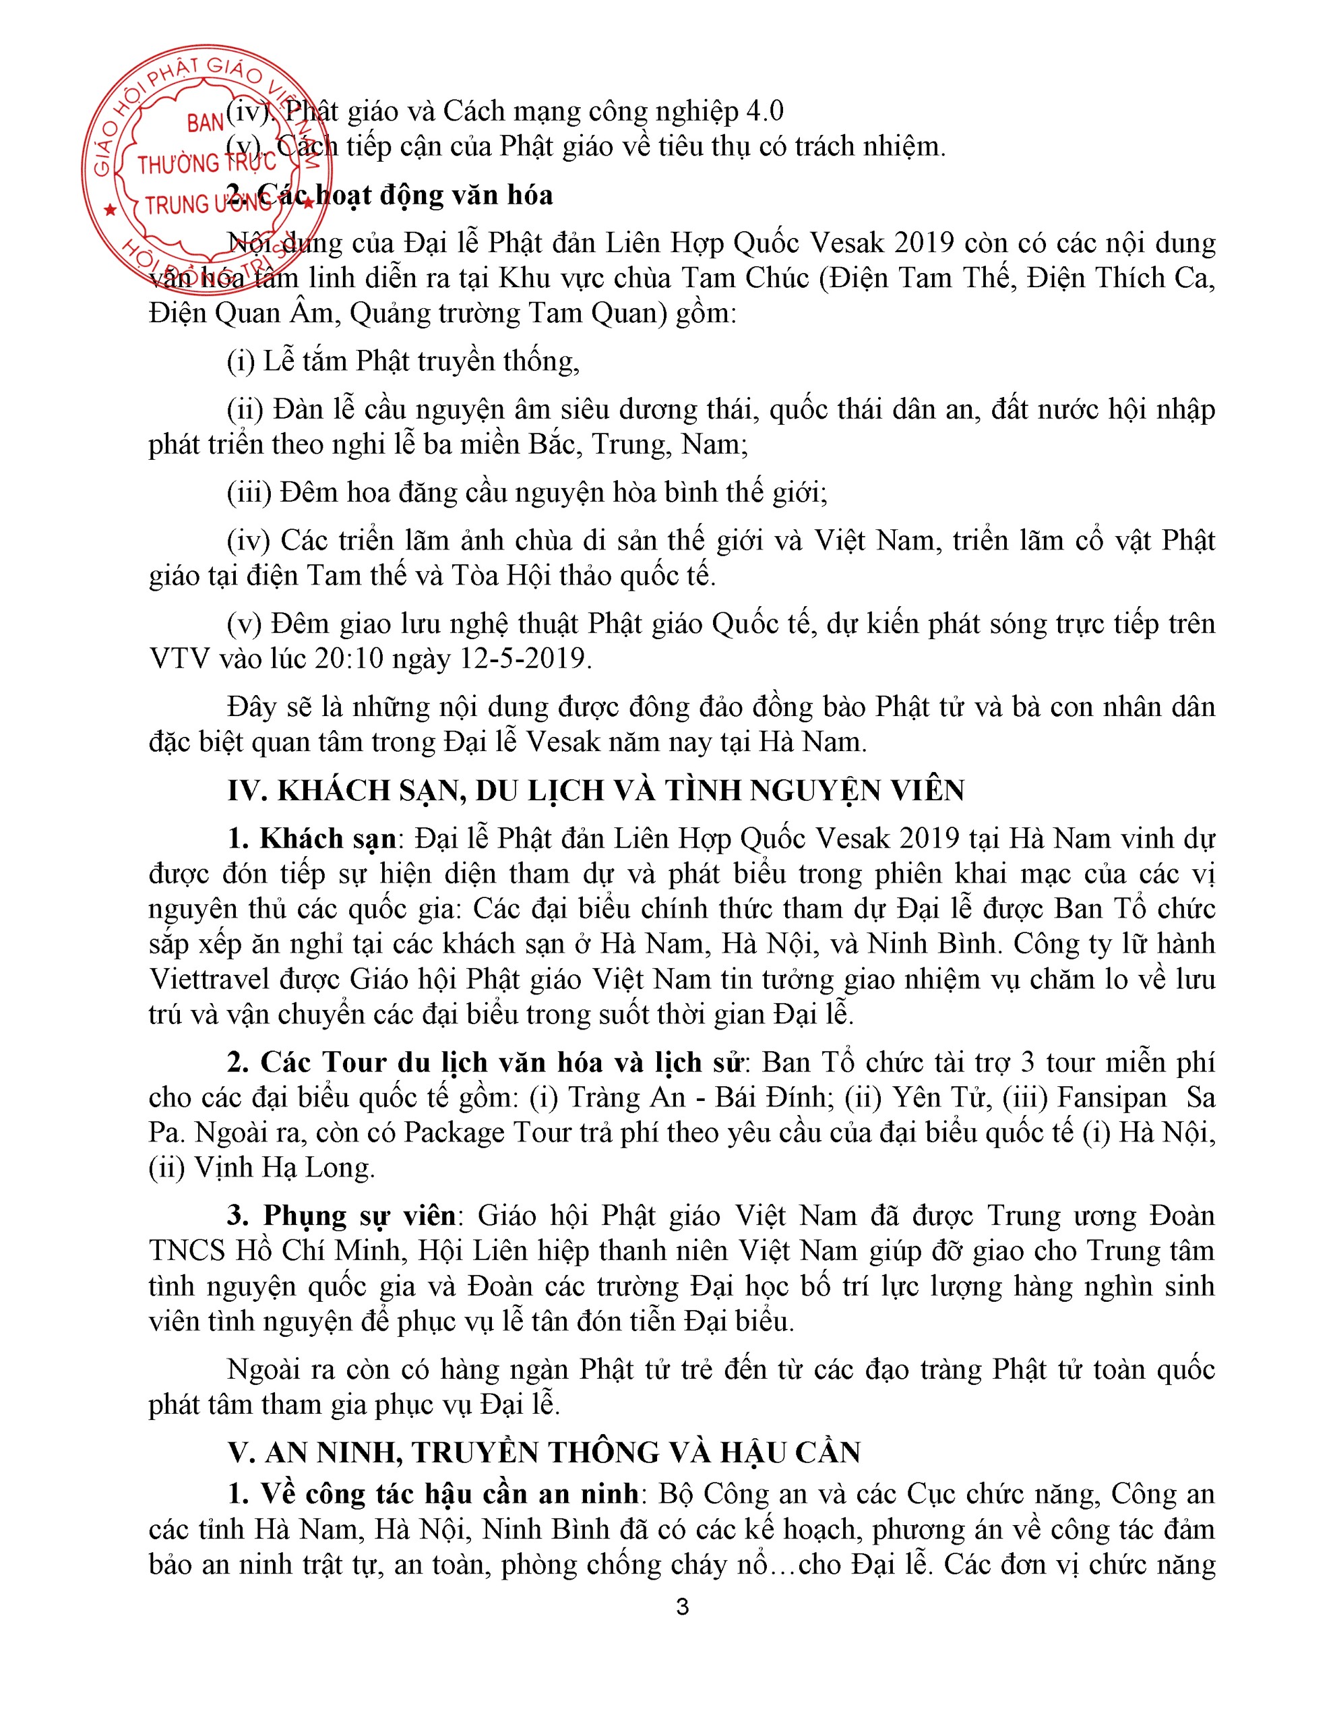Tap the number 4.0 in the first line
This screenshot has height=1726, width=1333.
pos(764,111)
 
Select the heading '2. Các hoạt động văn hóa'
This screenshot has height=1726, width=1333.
pos(390,196)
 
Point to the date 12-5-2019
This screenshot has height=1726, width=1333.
pos(526,658)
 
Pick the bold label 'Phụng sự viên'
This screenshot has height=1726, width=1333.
pos(359,1215)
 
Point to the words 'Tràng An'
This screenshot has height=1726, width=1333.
pos(627,1098)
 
